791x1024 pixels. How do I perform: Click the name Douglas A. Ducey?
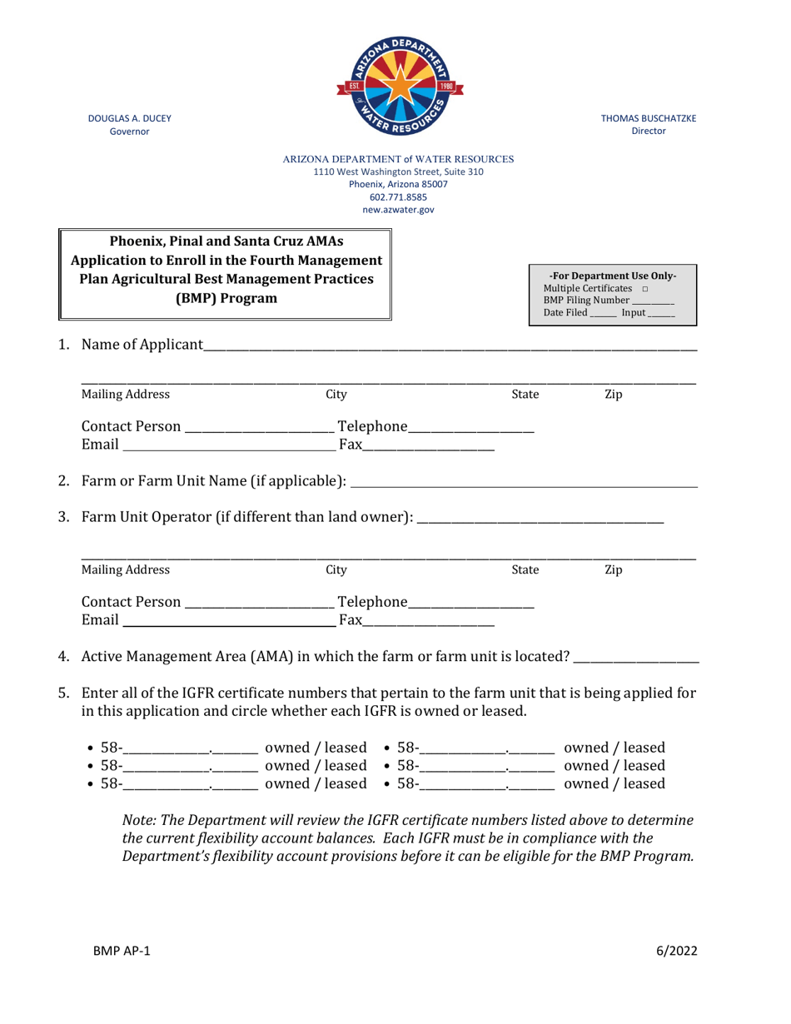click(x=130, y=118)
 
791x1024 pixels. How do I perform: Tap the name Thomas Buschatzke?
click(x=649, y=118)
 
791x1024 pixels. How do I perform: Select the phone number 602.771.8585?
click(x=398, y=197)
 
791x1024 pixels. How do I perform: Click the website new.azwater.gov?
click(x=398, y=211)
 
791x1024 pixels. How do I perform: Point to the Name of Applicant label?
click(x=142, y=345)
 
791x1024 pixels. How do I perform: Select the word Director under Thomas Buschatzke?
click(x=649, y=132)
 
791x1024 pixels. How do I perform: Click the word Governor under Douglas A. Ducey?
click(x=130, y=132)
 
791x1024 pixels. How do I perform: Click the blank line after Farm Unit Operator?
click(x=540, y=519)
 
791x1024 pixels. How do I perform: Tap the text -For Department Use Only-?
click(x=613, y=276)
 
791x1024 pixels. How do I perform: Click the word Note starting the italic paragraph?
click(x=138, y=820)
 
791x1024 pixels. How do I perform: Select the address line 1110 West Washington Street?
click(x=398, y=171)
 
